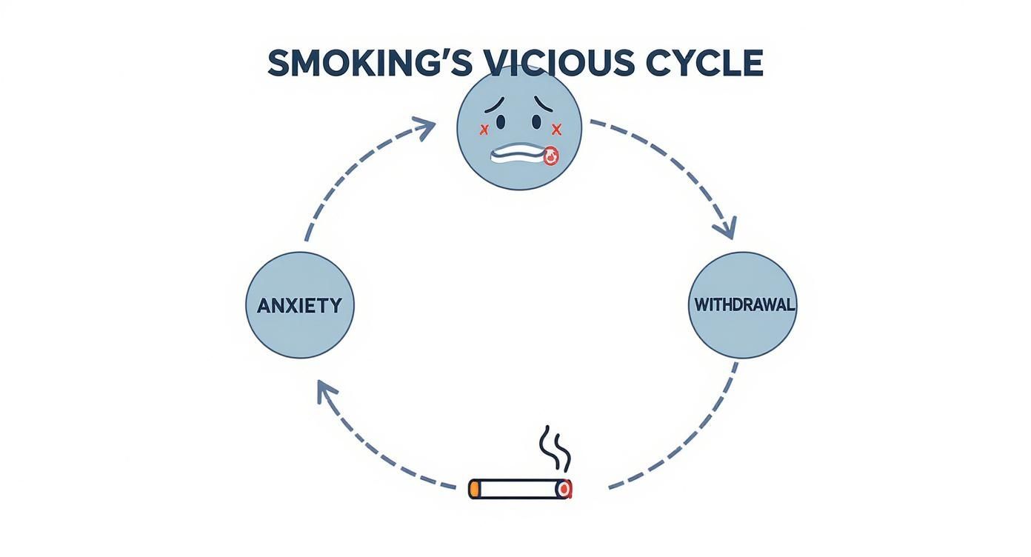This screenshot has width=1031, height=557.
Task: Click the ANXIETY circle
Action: pyautogui.click(x=300, y=305)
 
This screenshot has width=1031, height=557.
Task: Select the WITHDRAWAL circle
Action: pyautogui.click(x=743, y=305)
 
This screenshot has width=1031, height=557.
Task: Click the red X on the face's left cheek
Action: pyautogui.click(x=484, y=130)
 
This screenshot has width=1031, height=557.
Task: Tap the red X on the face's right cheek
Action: pyautogui.click(x=557, y=130)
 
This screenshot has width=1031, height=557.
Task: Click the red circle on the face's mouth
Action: pyautogui.click(x=550, y=157)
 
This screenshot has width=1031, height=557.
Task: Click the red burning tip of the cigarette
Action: pyautogui.click(x=566, y=489)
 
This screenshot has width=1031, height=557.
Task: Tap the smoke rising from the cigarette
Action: pyautogui.click(x=555, y=448)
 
